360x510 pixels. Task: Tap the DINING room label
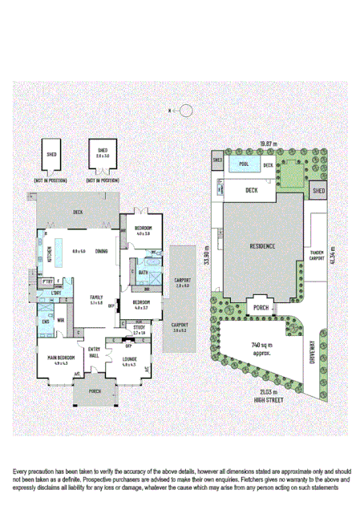pos(102,252)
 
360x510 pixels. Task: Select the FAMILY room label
pos(96,296)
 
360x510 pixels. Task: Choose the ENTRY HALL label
pos(95,351)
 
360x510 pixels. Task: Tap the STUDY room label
pos(139,327)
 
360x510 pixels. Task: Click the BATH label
pos(143,273)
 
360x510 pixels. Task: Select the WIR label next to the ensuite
pos(61,321)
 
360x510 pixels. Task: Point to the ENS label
pos(46,322)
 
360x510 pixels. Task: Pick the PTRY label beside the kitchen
pos(47,281)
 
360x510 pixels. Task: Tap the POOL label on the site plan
pos(243,164)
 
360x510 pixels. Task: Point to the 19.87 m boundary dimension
pos(268,144)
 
